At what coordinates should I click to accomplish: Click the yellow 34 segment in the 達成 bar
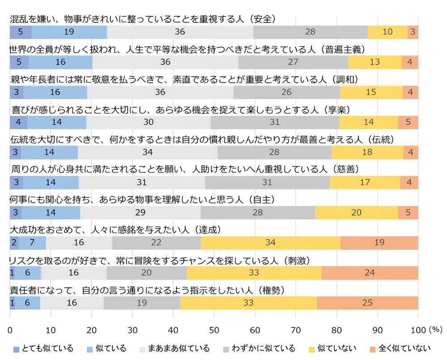pyautogui.click(x=270, y=243)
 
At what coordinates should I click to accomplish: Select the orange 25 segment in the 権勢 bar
pyautogui.click(x=367, y=303)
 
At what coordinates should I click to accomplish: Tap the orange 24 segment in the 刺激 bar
pyautogui.click(x=370, y=273)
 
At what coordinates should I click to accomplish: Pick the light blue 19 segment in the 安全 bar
pyautogui.click(x=69, y=32)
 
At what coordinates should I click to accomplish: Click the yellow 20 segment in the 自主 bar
pyautogui.click(x=356, y=213)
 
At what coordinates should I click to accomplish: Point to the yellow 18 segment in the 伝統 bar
pyautogui.click(x=367, y=152)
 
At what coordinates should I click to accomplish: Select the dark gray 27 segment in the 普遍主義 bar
pyautogui.click(x=293, y=62)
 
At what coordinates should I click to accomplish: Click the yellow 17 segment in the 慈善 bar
pyautogui.click(x=365, y=182)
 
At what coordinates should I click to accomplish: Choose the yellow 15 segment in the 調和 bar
pyautogui.click(x=371, y=92)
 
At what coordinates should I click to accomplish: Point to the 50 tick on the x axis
pyautogui.click(x=214, y=330)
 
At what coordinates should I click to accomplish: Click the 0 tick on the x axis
pyautogui.click(x=10, y=330)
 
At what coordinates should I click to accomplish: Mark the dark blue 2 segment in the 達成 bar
pyautogui.click(x=14, y=243)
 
